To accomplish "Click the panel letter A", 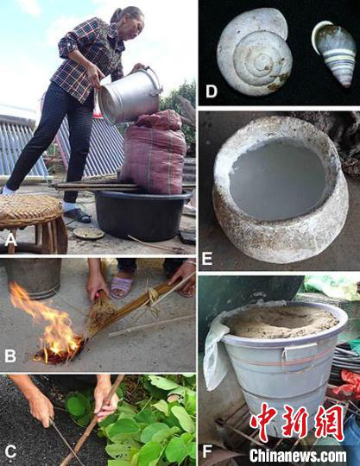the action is (10, 240).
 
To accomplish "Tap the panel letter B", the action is (10, 356).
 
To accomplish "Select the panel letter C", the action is (10, 451).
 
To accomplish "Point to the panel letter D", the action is (211, 91).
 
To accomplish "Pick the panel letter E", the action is (207, 258).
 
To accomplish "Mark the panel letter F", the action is (207, 451).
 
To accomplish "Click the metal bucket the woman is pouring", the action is (129, 95).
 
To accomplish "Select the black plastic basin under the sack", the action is (142, 215).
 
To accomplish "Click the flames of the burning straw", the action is (51, 323).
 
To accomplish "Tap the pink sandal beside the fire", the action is (121, 287).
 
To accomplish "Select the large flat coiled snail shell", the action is (254, 52).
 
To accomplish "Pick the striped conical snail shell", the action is (335, 53).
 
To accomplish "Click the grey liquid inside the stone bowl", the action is (278, 179).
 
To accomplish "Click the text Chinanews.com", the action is (298, 455).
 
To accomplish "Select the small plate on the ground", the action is (89, 233).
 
